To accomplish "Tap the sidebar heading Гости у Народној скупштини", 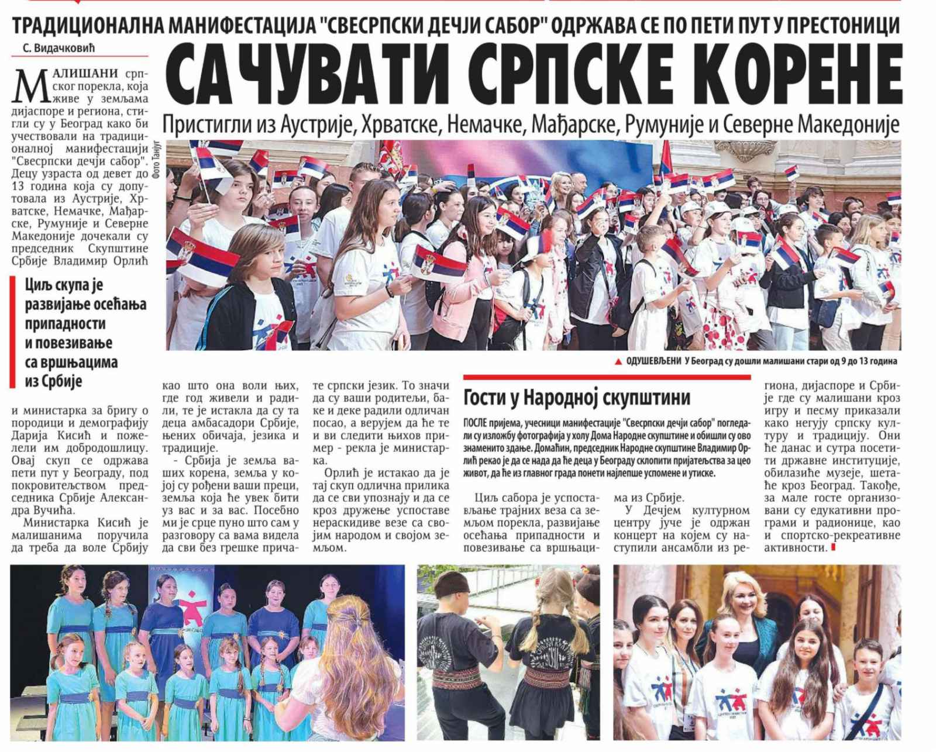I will click(x=577, y=398).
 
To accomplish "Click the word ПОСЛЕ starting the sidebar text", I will click(x=477, y=423).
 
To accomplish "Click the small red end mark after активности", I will click(x=832, y=548).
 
